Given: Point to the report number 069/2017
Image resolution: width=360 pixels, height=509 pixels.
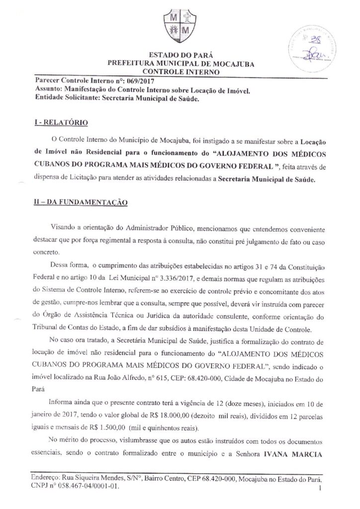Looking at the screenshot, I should pos(133,81).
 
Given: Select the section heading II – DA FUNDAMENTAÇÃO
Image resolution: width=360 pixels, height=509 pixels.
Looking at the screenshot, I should pos(78,202).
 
